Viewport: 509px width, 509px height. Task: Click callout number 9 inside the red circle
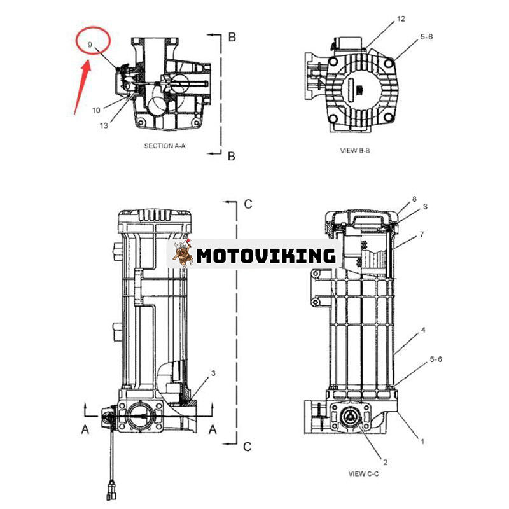[x=90, y=44]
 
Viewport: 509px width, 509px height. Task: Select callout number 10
[x=95, y=110]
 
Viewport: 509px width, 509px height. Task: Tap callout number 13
[x=104, y=125]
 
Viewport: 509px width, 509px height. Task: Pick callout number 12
[x=401, y=19]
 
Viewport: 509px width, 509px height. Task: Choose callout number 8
[x=414, y=199]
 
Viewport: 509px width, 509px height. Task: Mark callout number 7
[x=421, y=234]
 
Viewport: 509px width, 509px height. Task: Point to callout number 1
[x=421, y=440]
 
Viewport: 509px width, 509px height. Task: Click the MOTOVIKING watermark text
[x=266, y=256]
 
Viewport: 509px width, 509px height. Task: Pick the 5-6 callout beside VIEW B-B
[x=427, y=38]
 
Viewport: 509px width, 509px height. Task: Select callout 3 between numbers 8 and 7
[x=425, y=207]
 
